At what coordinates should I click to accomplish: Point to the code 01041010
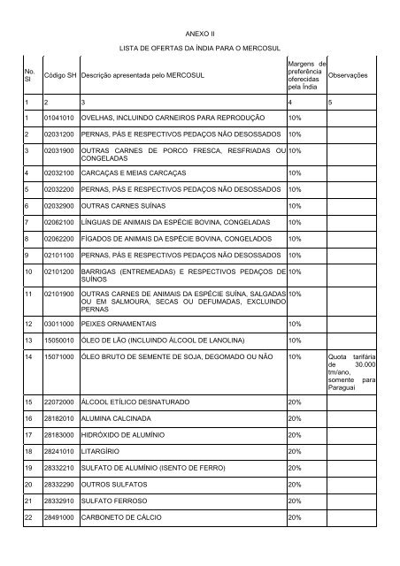pos(60,118)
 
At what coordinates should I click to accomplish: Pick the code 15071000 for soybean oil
pos(60,357)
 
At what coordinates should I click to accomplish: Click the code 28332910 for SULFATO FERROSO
pos(60,501)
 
